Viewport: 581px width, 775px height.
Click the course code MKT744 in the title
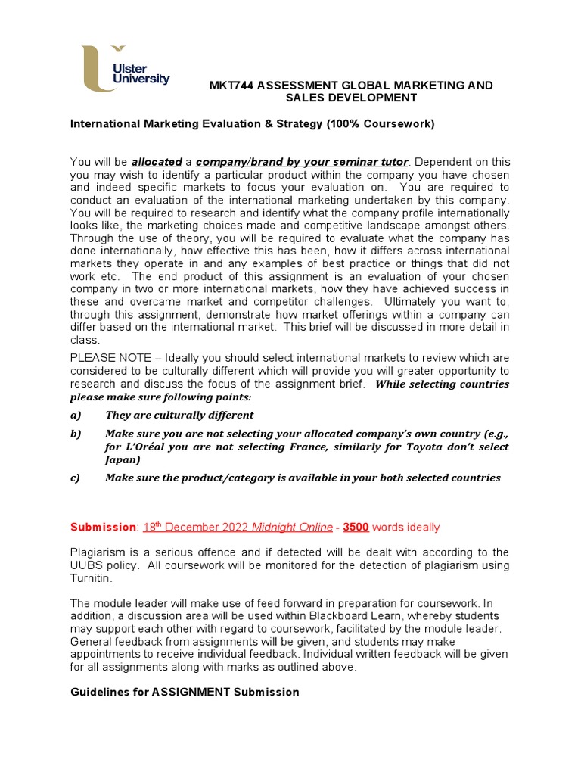coord(232,86)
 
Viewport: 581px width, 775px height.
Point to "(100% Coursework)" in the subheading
coord(381,124)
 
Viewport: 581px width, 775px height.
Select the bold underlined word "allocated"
coord(157,162)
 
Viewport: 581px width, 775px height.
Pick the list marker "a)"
coord(75,415)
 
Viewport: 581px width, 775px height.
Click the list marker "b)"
coord(75,433)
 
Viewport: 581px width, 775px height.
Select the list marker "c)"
coord(75,478)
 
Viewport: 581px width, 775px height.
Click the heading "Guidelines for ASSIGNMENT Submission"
coord(185,692)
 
